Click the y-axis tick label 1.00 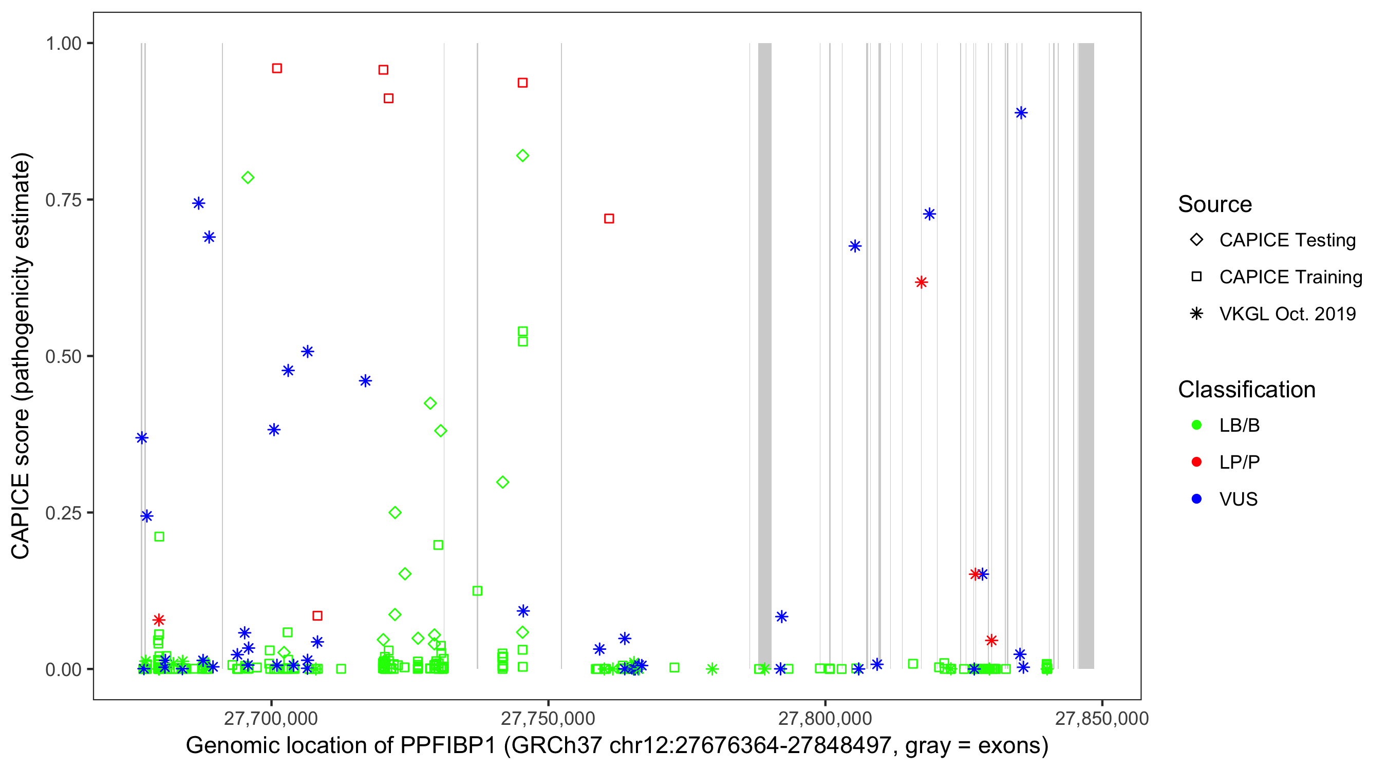pyautogui.click(x=63, y=44)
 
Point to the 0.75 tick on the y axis pyautogui.click(x=63, y=200)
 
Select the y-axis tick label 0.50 pyautogui.click(x=63, y=356)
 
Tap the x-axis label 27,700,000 pyautogui.click(x=271, y=718)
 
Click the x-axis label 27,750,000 pyautogui.click(x=548, y=718)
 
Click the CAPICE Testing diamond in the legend pyautogui.click(x=1196, y=240)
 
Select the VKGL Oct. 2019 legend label pyautogui.click(x=1287, y=314)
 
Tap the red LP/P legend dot pyautogui.click(x=1196, y=462)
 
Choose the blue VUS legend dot pyautogui.click(x=1196, y=499)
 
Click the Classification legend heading pyautogui.click(x=1246, y=390)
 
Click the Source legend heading pyautogui.click(x=1215, y=204)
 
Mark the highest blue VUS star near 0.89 pyautogui.click(x=1021, y=113)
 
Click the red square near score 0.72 pyautogui.click(x=609, y=219)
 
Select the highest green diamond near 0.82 pyautogui.click(x=522, y=156)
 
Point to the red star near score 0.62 pyautogui.click(x=921, y=282)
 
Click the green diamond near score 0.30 pyautogui.click(x=502, y=482)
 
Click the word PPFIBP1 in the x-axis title pyautogui.click(x=447, y=746)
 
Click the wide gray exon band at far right pyautogui.click(x=1086, y=355)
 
